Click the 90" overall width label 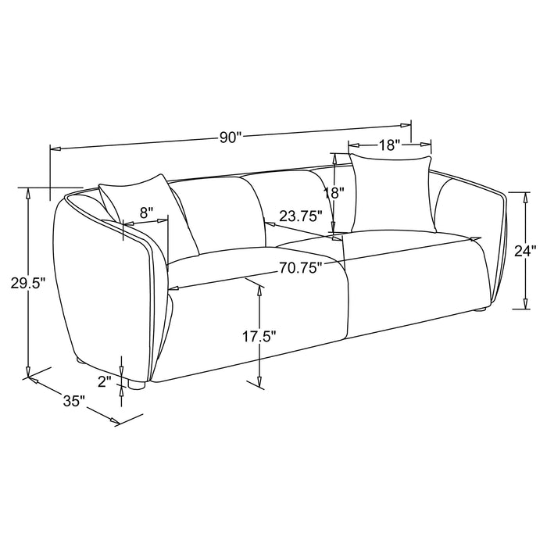(231, 138)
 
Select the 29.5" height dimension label (29, 283)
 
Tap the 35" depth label (74, 401)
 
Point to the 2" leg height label (104, 381)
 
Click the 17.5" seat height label (259, 337)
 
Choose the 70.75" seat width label (300, 268)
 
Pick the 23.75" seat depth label (300, 216)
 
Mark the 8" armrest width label (146, 213)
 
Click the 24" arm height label (525, 251)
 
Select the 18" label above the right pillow (389, 145)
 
